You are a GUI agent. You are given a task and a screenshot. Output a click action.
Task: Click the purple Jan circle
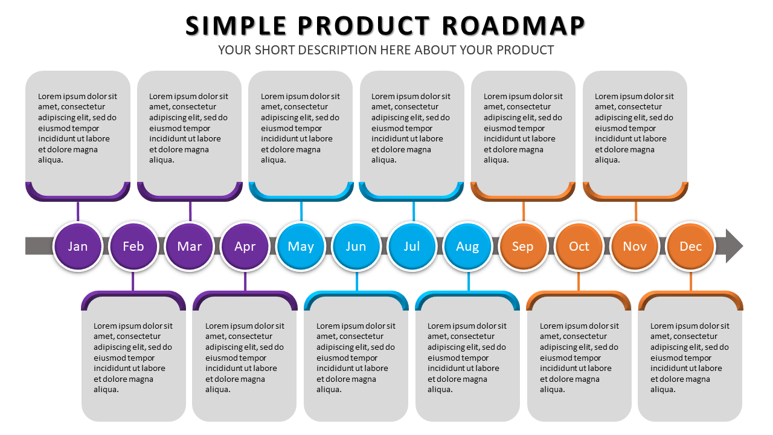(78, 246)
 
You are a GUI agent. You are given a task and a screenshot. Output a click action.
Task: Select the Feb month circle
(133, 246)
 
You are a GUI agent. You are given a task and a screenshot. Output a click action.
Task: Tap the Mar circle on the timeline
(189, 246)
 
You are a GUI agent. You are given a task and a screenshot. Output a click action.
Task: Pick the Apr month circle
(245, 246)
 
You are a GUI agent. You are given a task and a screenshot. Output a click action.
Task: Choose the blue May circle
(301, 246)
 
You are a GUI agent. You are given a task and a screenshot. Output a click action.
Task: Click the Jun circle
(356, 246)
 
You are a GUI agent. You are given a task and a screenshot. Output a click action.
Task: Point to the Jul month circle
(412, 246)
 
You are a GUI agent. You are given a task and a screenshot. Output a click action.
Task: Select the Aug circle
(467, 246)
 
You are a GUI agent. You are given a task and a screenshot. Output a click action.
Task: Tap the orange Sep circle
(523, 246)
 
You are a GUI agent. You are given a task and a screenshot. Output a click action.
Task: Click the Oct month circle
(579, 246)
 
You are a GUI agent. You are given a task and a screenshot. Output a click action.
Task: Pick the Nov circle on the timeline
(635, 246)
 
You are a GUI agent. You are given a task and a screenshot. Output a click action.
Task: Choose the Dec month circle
(690, 246)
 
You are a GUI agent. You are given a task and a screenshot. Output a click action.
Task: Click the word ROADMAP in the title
(513, 26)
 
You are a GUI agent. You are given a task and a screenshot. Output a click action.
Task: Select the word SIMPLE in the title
(236, 26)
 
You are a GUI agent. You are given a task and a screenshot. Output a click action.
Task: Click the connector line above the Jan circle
(78, 211)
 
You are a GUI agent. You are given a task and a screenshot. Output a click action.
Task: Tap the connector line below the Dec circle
(691, 282)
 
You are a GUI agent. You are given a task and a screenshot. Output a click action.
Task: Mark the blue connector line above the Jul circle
(414, 211)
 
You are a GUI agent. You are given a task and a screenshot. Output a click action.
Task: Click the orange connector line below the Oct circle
(579, 282)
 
